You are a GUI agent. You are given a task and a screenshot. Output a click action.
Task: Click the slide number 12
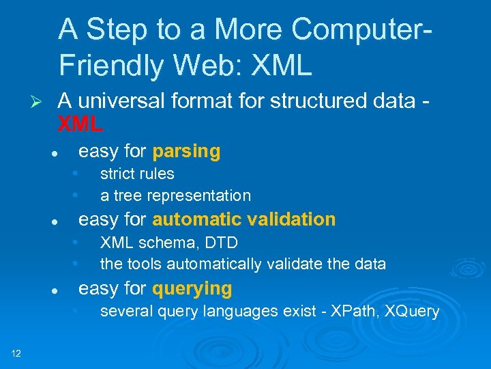[16, 353]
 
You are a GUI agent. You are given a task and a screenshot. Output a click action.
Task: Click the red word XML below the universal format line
[80, 124]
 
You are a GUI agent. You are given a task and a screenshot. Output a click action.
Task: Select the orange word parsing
[186, 151]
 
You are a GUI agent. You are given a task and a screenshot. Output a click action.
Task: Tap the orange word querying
[192, 288]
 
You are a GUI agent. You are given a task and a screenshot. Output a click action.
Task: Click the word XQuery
[412, 312]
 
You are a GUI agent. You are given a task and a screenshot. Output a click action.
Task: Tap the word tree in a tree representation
[126, 195]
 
